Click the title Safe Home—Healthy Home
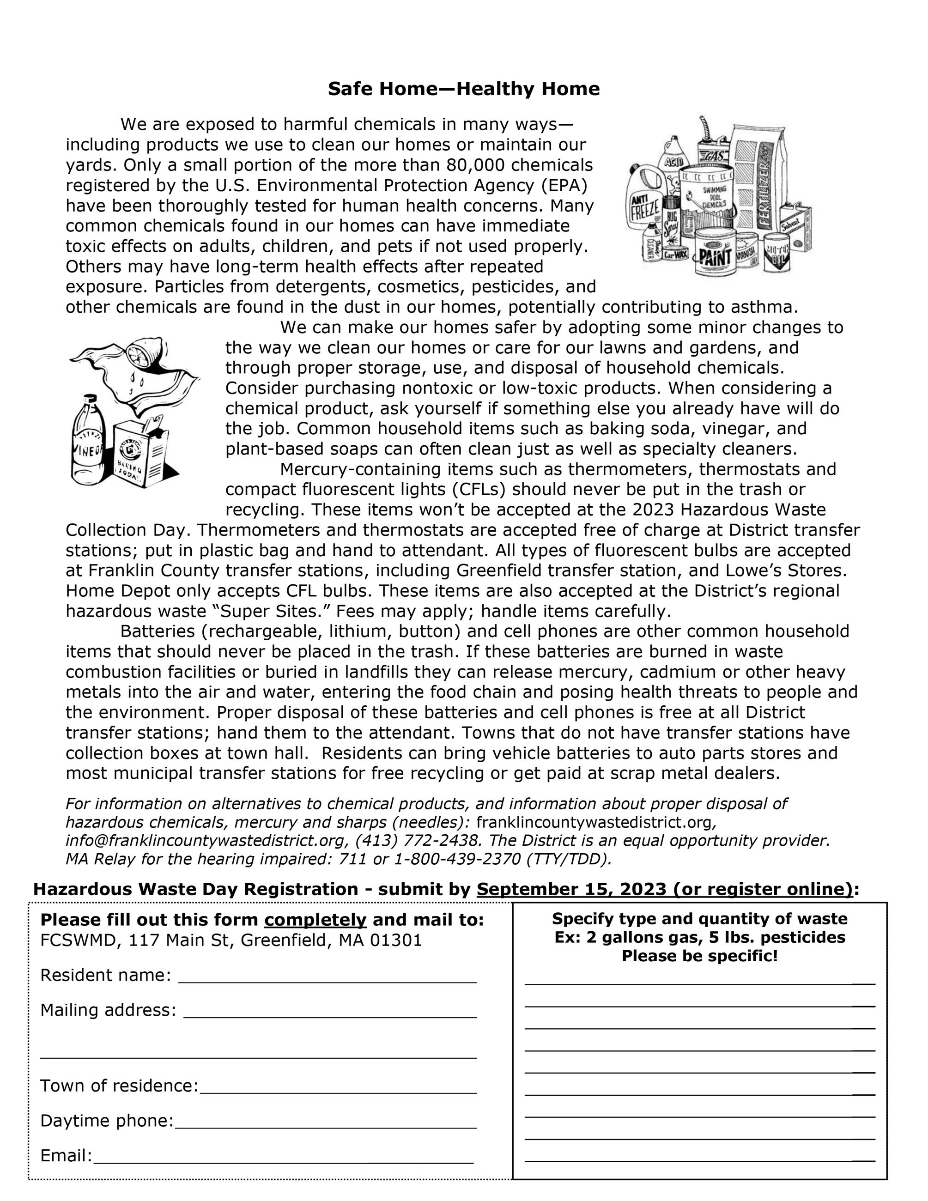point(463,89)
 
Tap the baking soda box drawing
point(141,454)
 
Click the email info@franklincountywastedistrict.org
point(206,841)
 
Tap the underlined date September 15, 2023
point(571,890)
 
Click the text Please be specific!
point(699,956)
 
